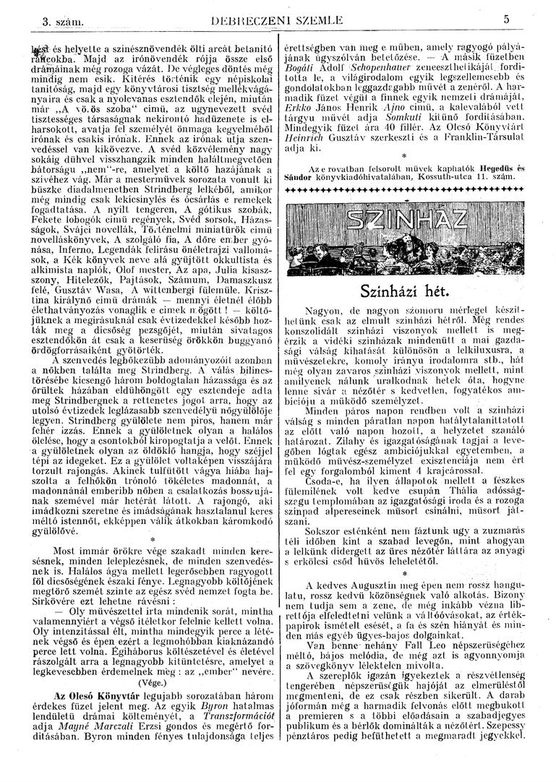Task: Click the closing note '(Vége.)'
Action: pyautogui.click(x=151, y=681)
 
